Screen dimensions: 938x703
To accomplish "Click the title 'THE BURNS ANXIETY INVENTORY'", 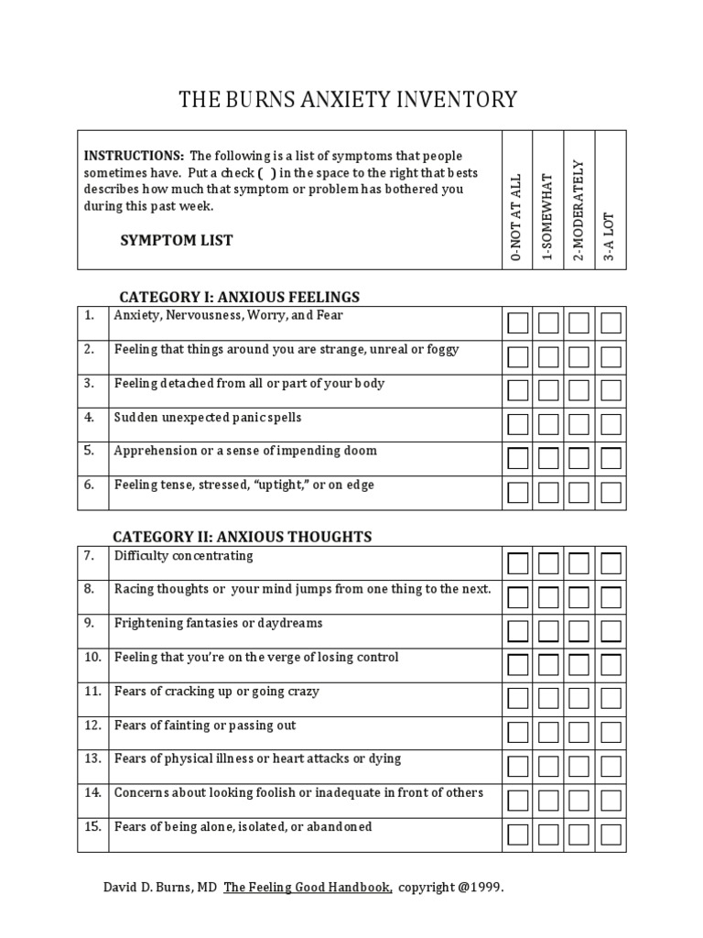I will coord(348,99).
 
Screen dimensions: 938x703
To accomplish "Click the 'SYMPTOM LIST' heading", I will coord(177,241).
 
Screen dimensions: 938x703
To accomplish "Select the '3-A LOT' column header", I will coord(611,237).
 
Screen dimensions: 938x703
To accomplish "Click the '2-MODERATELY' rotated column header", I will coord(579,210).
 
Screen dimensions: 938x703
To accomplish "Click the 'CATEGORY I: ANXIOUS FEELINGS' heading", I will coord(240,297).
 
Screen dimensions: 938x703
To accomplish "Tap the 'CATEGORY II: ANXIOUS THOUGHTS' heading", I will coord(242,537).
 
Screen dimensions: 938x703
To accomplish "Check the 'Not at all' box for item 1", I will coord(518,323).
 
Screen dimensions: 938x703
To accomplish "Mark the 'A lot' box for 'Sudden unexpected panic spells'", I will coord(611,425).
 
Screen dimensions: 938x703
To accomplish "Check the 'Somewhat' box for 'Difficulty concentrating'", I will coord(549,563).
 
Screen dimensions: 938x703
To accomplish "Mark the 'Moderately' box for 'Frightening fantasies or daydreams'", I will coord(579,631).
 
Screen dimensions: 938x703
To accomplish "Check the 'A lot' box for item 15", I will coord(611,834).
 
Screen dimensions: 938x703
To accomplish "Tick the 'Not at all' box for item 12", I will coord(518,733).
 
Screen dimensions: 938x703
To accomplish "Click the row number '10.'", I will coord(92,658).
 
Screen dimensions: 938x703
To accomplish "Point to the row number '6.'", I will coord(90,485).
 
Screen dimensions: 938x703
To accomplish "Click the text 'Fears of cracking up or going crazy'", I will coord(217,692).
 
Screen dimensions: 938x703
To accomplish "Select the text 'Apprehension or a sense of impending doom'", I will coord(245,452).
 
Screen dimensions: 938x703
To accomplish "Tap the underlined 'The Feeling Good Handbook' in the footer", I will coord(308,888).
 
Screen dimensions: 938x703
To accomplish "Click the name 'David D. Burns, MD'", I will coord(159,888).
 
